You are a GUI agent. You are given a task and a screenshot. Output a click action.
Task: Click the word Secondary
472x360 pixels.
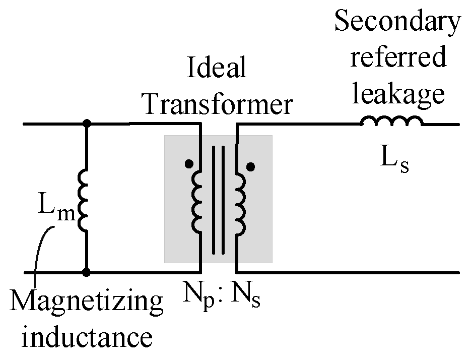(x=397, y=23)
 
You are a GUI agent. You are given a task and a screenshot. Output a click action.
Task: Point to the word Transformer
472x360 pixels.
(x=218, y=104)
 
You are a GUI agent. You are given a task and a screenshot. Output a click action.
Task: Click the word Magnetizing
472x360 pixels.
(x=87, y=303)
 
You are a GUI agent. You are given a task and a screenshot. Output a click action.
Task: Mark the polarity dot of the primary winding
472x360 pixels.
(x=188, y=164)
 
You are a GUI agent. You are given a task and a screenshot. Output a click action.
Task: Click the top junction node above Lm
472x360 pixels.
(x=87, y=124)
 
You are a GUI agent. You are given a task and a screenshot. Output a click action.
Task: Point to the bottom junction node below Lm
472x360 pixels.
(x=87, y=272)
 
